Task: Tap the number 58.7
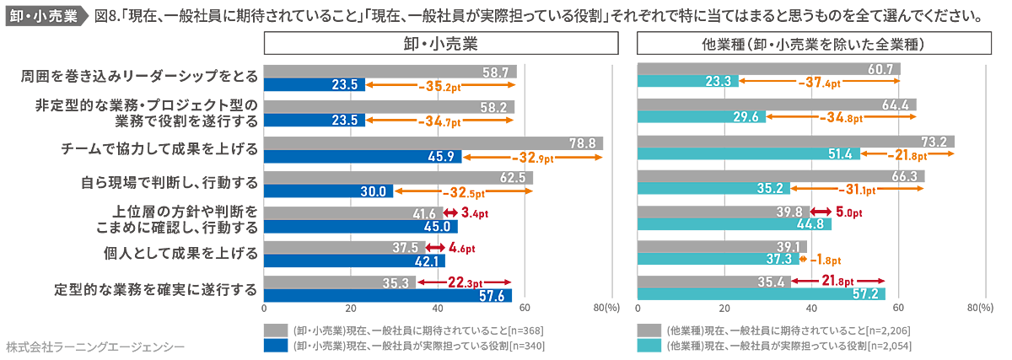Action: click(x=496, y=73)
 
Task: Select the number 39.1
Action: click(x=788, y=246)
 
